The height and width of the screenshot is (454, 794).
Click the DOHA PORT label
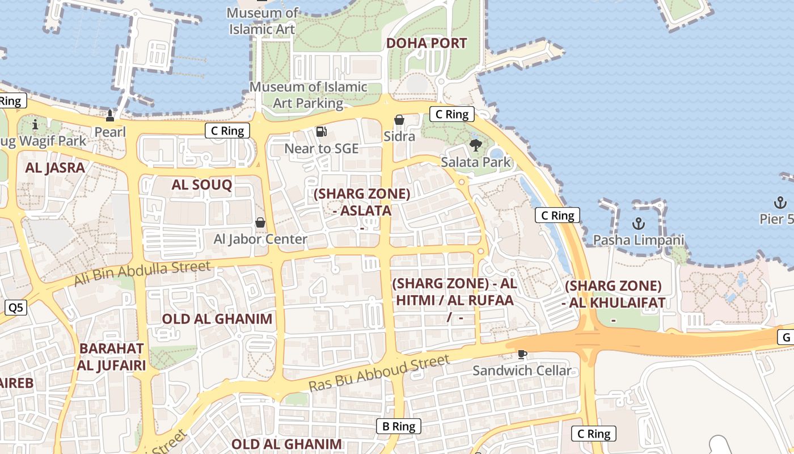point(426,43)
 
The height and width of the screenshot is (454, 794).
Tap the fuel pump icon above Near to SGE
point(322,132)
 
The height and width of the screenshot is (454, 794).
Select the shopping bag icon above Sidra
point(399,120)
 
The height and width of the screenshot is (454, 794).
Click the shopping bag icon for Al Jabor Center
point(260,222)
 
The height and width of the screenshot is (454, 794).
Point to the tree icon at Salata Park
point(476,145)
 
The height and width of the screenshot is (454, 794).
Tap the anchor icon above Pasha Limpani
point(639,223)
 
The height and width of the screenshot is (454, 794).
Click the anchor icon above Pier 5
point(780,203)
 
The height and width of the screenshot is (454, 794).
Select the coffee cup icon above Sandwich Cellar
point(522,355)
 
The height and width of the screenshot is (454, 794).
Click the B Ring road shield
point(399,426)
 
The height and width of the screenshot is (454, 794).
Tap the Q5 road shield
point(16,308)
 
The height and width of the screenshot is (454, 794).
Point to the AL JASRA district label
point(55,167)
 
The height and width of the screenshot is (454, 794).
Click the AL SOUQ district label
point(202,184)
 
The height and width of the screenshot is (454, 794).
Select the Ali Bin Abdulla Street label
point(142,273)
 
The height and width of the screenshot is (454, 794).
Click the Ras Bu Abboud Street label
point(379,372)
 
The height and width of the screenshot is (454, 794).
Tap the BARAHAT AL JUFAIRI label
point(111,356)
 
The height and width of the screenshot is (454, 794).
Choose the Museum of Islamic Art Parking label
point(309,95)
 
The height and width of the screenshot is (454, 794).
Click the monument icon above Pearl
point(110,116)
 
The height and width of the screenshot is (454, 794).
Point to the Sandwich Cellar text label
point(522,371)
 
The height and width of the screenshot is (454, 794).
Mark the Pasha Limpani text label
point(639,240)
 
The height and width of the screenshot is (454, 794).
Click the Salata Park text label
point(476,162)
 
